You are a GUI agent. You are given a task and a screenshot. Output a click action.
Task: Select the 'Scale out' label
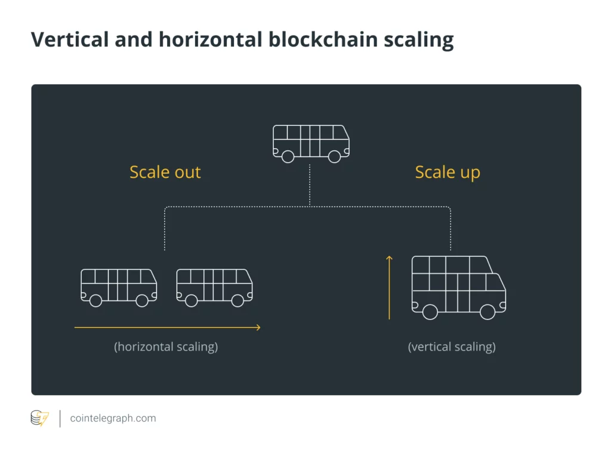pos(165,172)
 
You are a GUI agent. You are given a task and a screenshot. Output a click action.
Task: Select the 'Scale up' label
pos(448,172)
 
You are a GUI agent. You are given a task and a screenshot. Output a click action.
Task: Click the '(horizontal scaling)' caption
pos(166,346)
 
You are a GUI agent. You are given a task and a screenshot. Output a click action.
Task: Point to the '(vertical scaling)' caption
pos(452,346)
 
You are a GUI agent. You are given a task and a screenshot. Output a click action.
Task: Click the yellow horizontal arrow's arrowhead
pos(257,327)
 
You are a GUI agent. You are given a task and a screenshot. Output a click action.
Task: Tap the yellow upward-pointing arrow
pos(389,287)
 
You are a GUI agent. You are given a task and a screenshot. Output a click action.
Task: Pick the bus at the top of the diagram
pos(311,142)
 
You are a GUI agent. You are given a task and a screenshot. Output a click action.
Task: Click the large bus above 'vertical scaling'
pos(458,285)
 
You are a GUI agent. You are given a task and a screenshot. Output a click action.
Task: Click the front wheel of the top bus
pos(334,156)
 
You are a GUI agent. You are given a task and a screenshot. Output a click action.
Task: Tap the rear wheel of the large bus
pos(430,312)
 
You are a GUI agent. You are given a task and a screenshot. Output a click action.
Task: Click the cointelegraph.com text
pos(113,418)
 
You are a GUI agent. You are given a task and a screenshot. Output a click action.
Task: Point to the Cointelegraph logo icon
pos(40,418)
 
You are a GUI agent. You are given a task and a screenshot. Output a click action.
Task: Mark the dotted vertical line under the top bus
pos(310,185)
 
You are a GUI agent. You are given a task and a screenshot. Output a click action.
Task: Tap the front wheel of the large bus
pos(487,312)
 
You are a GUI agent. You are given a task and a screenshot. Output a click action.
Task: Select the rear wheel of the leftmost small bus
pos(95,300)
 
